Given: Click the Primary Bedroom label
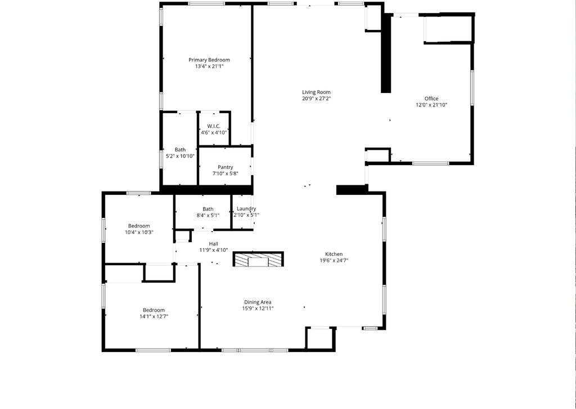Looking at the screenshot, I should tap(209, 60).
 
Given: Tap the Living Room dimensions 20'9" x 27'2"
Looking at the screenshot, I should tap(316, 99).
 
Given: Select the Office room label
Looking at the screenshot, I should tap(431, 99).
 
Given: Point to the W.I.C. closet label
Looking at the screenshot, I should tap(214, 126).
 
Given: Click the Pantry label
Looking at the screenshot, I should tap(226, 167).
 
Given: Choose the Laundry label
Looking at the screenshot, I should tap(246, 208).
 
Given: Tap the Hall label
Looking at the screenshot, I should tap(214, 243).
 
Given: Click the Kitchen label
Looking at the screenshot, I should tap(334, 254).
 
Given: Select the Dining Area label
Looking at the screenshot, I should tap(258, 302).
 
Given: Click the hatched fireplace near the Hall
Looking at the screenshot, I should tap(258, 260).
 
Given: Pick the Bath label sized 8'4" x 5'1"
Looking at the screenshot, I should tap(208, 208).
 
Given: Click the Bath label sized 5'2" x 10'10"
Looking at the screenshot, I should tap(180, 149).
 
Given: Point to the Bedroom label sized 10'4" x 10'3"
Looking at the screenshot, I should tap(139, 225).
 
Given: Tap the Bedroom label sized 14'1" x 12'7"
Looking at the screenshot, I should tap(154, 310).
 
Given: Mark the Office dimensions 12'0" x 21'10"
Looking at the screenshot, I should tap(431, 105).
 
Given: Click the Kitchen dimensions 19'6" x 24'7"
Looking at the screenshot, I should tap(334, 260).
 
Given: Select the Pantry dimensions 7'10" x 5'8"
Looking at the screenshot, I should tap(226, 174).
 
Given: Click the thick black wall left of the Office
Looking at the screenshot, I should tap(386, 54).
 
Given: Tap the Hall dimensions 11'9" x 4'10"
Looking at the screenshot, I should tap(214, 250).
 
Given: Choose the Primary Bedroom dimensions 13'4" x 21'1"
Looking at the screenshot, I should tap(209, 66).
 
